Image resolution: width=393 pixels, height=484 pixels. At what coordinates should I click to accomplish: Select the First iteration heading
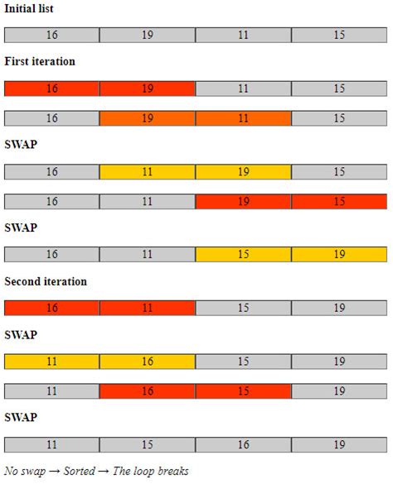tap(39, 62)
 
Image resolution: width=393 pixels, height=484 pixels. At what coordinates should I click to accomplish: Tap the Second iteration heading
tap(46, 281)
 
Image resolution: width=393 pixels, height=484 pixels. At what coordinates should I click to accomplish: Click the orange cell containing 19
tap(148, 118)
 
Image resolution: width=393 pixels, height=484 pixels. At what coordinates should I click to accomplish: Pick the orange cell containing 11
tap(243, 118)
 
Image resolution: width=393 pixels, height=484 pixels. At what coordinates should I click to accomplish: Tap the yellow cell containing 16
tap(148, 362)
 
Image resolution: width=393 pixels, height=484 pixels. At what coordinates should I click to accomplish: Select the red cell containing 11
tap(148, 308)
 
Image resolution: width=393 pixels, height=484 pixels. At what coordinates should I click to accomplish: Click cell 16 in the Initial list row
tap(51, 35)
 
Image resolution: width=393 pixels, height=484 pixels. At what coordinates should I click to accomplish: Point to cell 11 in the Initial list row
tap(243, 35)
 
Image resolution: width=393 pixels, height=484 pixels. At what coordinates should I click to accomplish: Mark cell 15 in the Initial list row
tap(339, 35)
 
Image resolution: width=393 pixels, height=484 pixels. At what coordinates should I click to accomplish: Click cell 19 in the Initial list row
tap(148, 35)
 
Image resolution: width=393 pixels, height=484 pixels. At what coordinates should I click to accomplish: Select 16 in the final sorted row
tap(243, 444)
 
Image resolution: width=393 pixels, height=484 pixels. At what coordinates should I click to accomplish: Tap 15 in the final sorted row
tap(148, 444)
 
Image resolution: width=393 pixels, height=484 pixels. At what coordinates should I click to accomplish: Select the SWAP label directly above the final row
tap(21, 417)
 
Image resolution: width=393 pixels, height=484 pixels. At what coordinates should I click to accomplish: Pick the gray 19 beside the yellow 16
tap(339, 362)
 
